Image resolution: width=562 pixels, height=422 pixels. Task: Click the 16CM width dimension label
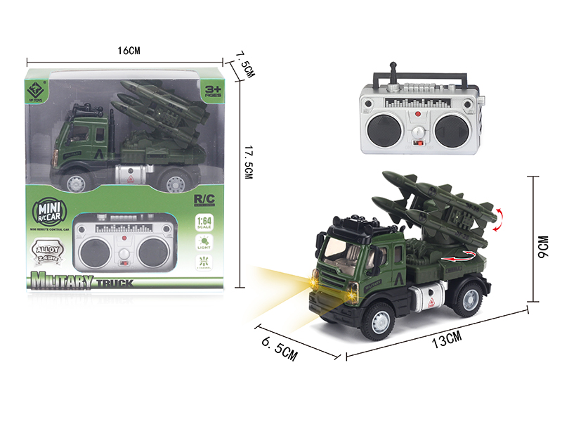[130, 51]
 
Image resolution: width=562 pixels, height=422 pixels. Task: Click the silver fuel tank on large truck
[430, 299]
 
